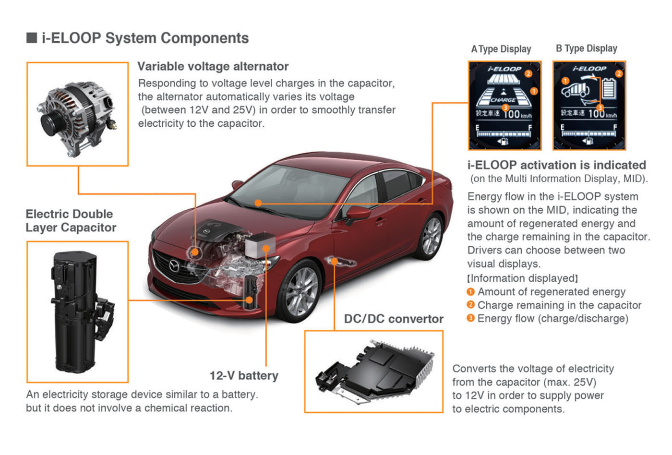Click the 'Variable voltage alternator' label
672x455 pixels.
coord(213,66)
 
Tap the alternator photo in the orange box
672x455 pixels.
coord(78,115)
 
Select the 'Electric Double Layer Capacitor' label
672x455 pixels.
coord(71,221)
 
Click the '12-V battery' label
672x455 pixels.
coord(244,375)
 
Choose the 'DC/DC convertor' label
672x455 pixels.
coord(394,319)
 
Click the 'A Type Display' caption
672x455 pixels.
coord(501,49)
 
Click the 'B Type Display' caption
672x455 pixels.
coord(586,48)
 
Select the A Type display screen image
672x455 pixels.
coord(504,106)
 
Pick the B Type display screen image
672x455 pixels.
coord(589,106)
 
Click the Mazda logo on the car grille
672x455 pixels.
coord(174,265)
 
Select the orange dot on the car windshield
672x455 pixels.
coord(258,203)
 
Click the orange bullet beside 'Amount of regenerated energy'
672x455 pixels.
coord(470,292)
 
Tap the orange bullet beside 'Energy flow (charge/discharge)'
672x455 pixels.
coord(470,318)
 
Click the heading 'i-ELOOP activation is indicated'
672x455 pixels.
coord(557,165)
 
